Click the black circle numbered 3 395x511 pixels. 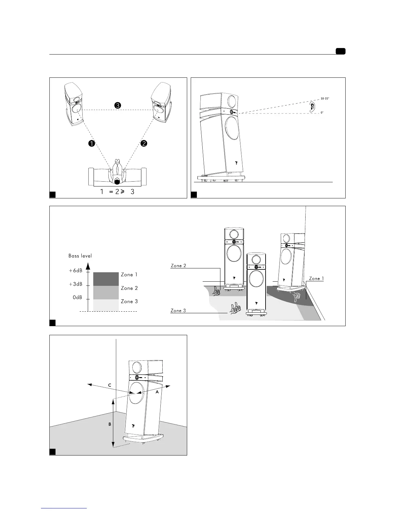point(118,105)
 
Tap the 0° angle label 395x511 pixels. point(322,113)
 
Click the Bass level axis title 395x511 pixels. point(80,256)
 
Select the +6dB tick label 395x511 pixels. point(76,271)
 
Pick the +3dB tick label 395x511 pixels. point(76,284)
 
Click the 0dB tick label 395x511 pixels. point(77,297)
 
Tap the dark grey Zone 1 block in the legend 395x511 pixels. point(106,279)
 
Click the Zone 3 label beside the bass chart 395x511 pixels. point(129,301)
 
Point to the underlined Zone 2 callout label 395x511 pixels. point(178,266)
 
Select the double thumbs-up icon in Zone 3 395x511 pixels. point(235,308)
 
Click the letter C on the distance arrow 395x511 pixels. point(110,385)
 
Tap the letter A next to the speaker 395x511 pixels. point(157,392)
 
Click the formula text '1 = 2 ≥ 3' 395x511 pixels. point(117,192)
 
